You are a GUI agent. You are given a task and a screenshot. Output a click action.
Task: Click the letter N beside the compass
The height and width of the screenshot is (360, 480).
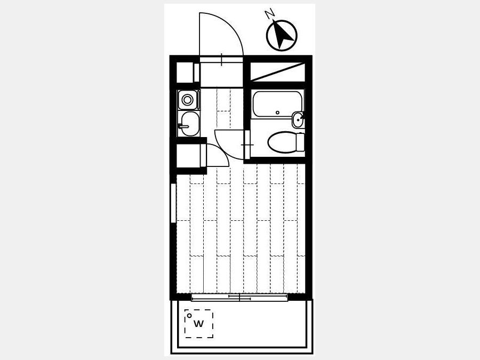(x=269, y=13)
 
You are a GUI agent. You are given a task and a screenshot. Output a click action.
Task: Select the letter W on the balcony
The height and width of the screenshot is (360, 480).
(x=199, y=324)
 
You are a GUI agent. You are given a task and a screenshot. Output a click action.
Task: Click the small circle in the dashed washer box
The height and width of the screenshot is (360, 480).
(x=189, y=315)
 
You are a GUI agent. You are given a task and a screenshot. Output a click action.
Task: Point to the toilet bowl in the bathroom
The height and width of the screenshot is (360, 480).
(x=282, y=142)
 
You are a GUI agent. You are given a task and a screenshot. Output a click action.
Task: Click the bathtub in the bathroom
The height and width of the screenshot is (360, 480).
(x=277, y=104)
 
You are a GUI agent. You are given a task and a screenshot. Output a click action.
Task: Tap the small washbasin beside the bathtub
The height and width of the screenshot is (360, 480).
(x=298, y=120)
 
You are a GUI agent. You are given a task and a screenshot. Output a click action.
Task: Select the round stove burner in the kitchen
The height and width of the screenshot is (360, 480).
(x=187, y=100)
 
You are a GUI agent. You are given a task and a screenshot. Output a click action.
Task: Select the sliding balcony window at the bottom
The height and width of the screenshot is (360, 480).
(x=239, y=297)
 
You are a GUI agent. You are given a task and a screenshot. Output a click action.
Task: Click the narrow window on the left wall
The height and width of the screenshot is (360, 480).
(x=173, y=203)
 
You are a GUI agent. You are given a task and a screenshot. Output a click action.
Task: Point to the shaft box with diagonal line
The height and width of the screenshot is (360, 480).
(x=278, y=72)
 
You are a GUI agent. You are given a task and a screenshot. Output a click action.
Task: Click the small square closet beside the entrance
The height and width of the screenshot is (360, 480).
(x=185, y=72)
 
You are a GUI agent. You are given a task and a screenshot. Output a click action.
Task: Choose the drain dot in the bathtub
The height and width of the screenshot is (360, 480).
(x=277, y=113)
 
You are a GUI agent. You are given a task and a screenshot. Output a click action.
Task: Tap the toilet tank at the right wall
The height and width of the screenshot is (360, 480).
(x=301, y=142)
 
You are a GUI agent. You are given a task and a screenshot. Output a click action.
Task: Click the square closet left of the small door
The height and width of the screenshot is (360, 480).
(x=189, y=156)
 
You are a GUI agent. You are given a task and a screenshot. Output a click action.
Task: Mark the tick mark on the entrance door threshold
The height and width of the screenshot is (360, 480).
(x=221, y=59)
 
